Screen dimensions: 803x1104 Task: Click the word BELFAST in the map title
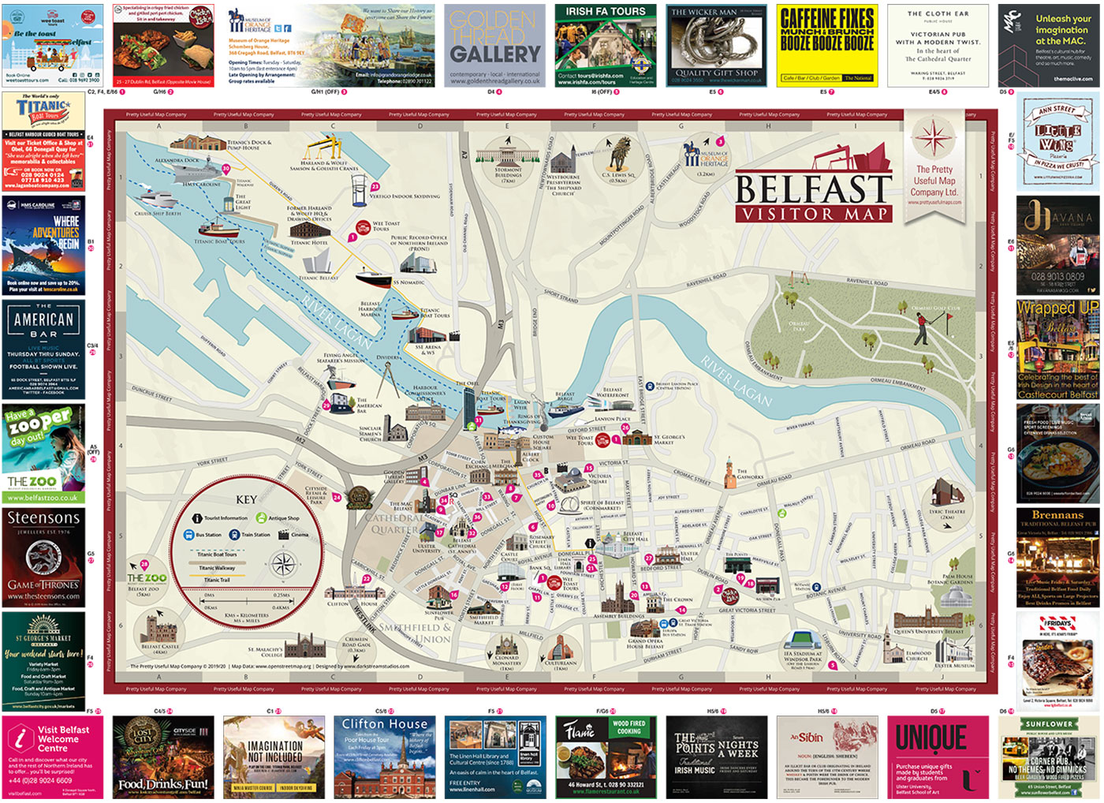coord(813,189)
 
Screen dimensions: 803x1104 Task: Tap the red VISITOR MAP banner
coord(813,214)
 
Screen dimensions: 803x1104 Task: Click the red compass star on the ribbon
coord(934,139)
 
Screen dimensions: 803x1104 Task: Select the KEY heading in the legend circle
coord(246,499)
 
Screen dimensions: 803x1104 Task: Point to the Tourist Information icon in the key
coord(197,518)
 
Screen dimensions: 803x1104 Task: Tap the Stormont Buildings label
coord(508,174)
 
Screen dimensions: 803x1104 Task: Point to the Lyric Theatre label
coord(946,514)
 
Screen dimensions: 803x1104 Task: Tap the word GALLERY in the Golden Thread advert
coord(495,54)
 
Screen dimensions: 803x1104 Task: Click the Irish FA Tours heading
coord(605,12)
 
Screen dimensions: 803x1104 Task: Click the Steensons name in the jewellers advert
coord(43,518)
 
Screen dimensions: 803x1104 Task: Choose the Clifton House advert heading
coord(385,724)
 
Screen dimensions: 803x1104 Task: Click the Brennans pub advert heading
coord(1057,515)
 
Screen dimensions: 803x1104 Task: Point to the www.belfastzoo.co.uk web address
coord(43,498)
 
